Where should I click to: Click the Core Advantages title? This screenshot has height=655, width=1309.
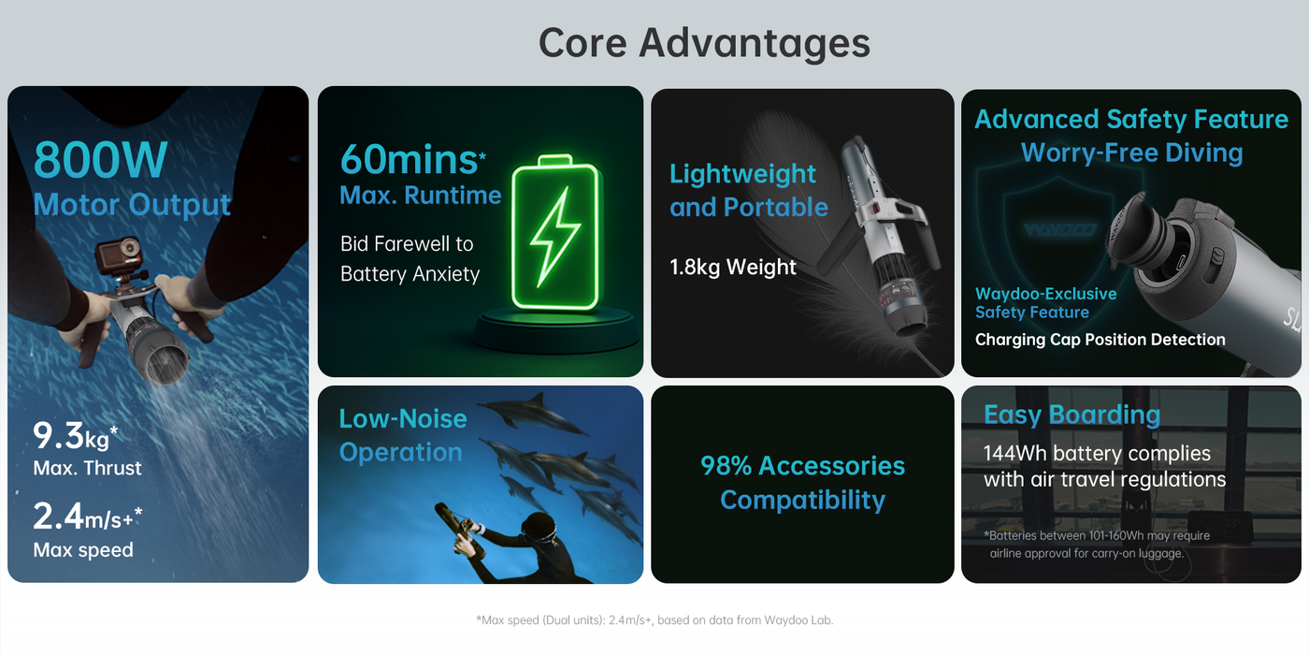click(x=704, y=44)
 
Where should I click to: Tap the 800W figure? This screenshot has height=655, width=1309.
click(x=101, y=160)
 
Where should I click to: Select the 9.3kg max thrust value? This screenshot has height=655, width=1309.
click(x=76, y=436)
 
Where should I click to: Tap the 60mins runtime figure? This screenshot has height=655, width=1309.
click(x=412, y=160)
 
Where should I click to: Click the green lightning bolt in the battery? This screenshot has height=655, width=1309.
click(x=555, y=236)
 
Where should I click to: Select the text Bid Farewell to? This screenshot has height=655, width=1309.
click(x=407, y=244)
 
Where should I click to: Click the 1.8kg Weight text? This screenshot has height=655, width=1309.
click(x=733, y=268)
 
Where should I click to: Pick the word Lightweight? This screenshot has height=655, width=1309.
click(x=742, y=174)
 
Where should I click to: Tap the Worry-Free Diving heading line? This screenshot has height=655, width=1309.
click(x=1131, y=153)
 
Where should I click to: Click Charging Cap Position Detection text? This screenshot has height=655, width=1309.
click(x=1100, y=340)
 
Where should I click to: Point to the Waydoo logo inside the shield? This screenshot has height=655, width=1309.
click(x=1060, y=230)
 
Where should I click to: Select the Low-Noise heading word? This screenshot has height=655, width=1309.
click(x=403, y=419)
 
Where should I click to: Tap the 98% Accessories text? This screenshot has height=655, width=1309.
click(x=802, y=466)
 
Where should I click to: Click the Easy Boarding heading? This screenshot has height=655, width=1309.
click(x=1072, y=415)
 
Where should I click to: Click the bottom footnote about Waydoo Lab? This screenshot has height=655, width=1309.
click(x=654, y=619)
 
